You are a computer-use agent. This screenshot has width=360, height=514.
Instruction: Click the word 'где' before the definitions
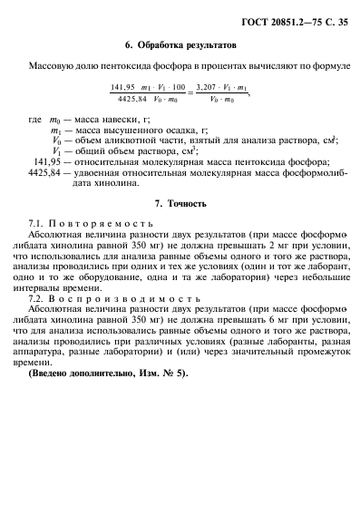35,119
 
